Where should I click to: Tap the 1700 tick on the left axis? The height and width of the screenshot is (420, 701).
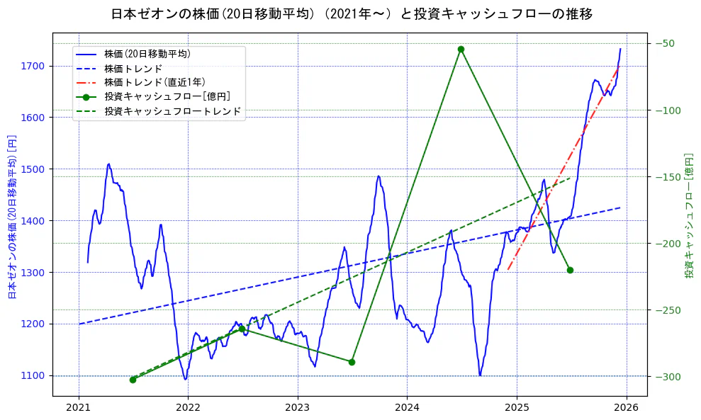[x=35, y=66]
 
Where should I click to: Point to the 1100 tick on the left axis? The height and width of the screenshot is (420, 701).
[x=35, y=375]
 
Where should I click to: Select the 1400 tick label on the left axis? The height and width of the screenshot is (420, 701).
[x=35, y=221]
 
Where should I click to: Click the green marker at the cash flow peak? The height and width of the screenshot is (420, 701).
[x=461, y=49]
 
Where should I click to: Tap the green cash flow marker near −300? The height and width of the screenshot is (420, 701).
[x=133, y=380]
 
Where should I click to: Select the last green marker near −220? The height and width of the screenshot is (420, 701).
[x=570, y=270]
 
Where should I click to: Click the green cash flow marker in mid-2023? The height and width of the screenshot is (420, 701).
[x=352, y=362]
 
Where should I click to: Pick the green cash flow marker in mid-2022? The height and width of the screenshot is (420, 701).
[x=242, y=329]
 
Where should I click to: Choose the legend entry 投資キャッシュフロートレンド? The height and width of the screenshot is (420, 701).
[x=172, y=111]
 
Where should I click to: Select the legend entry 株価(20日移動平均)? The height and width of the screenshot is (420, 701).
[x=147, y=54]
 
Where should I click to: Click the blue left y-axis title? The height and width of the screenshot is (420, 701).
[x=12, y=216]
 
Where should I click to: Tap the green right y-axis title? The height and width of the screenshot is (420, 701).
[x=688, y=216]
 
